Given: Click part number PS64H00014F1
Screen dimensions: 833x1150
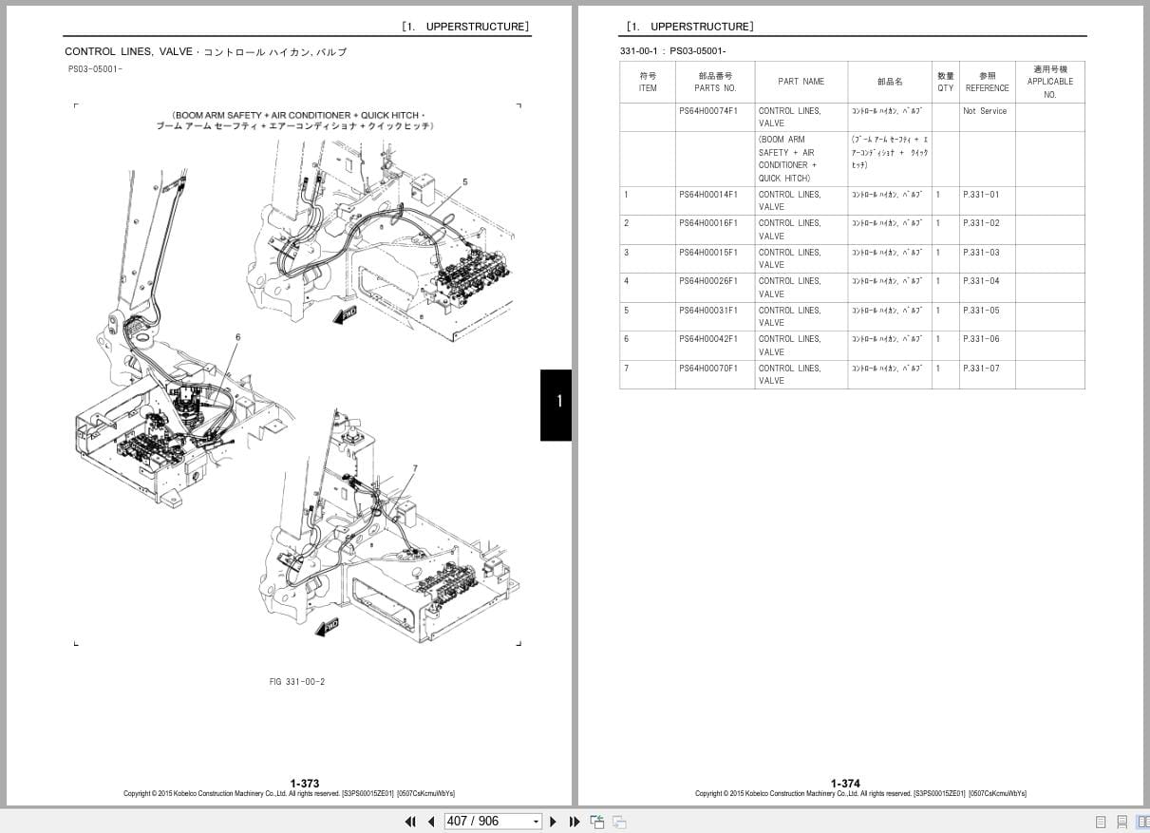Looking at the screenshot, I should click(707, 195).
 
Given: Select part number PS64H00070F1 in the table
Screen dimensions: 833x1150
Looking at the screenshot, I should click(707, 369).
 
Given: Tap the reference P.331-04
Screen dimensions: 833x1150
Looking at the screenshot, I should click(981, 281).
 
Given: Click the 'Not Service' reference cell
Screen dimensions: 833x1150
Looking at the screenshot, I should click(985, 111).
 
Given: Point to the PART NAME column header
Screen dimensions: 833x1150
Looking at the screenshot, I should click(801, 82).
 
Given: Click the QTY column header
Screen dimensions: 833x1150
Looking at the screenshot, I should click(945, 82).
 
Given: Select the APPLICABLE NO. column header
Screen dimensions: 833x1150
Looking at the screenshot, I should click(1049, 82).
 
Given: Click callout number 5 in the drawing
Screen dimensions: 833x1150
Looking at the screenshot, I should click(465, 180).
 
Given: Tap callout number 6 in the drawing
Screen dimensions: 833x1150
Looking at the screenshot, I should click(237, 337).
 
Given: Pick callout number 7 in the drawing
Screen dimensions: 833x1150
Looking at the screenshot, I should click(415, 468).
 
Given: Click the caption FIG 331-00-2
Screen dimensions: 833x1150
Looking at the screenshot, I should click(297, 681).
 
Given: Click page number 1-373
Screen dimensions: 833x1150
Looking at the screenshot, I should click(305, 784).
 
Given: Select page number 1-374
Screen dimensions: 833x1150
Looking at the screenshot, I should click(845, 784).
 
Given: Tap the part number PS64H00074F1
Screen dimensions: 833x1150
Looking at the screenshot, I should click(707, 111).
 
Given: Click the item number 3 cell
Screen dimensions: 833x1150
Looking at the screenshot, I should click(627, 253).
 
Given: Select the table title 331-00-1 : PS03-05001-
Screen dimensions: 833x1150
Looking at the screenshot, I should click(671, 51).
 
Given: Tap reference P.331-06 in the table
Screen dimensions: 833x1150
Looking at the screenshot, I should click(981, 339).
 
